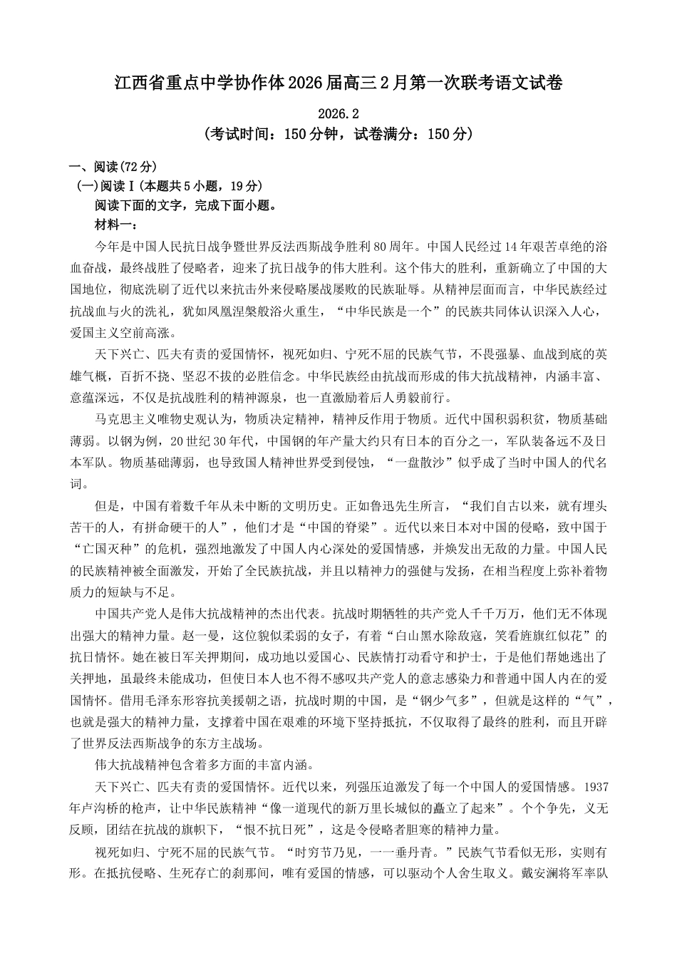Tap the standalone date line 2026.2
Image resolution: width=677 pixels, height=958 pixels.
point(338,114)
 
